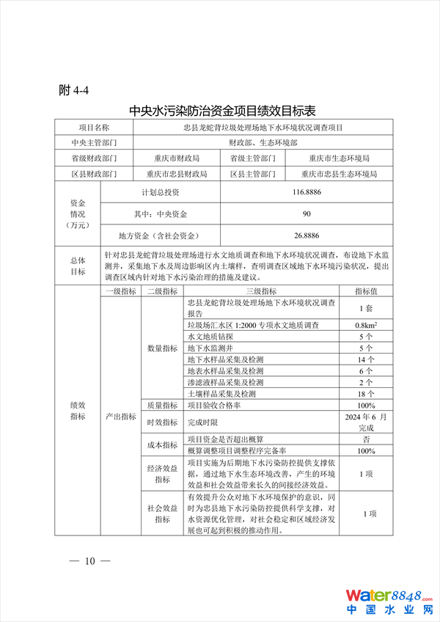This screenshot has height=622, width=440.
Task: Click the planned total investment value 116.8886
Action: pyautogui.click(x=307, y=191)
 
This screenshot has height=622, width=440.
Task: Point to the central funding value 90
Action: pyautogui.click(x=307, y=213)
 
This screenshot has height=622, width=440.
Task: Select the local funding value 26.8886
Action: pyautogui.click(x=307, y=235)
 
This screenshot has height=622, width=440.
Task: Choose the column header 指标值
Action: pyautogui.click(x=367, y=290)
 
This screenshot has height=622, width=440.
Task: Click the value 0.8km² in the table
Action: pyautogui.click(x=367, y=325)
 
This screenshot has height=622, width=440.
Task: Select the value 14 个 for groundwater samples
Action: pyautogui.click(x=367, y=359)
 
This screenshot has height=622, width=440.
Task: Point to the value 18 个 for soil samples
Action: pyautogui.click(x=367, y=394)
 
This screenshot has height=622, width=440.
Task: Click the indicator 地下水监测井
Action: pyautogui.click(x=208, y=348)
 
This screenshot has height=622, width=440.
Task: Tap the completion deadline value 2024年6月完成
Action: pyautogui.click(x=367, y=422)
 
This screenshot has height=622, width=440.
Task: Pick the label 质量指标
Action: pyautogui.click(x=162, y=405)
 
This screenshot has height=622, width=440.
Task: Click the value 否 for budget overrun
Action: pyautogui.click(x=367, y=439)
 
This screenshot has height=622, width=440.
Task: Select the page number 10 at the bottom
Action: pyautogui.click(x=89, y=561)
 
